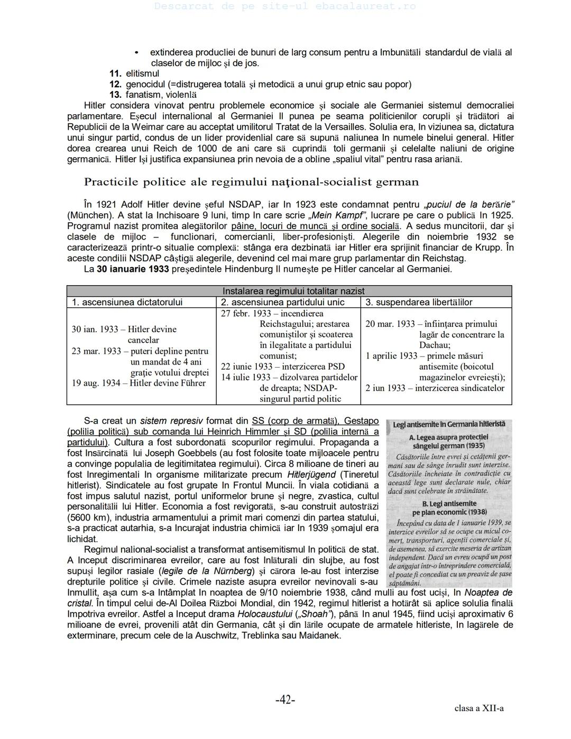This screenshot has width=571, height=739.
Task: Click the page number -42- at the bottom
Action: pos(285,700)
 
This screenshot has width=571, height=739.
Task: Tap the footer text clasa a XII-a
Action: pos(478,708)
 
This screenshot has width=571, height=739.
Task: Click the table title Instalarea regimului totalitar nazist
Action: pos(293,291)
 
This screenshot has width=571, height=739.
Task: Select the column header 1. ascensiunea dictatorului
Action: pos(127,302)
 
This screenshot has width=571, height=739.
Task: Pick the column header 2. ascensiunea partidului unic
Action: pos(282,302)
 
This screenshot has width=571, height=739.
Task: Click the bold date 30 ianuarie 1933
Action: pos(133,269)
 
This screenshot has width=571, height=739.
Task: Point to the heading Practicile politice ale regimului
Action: pos(251,182)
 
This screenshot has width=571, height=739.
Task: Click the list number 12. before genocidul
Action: pos(116,85)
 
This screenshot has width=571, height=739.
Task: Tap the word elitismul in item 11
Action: pos(142,74)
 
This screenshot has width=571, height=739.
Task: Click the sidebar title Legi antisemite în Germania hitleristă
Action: pos(448,424)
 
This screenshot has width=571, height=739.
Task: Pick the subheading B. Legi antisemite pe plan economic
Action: pos(449,508)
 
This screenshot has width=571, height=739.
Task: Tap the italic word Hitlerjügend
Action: pos(312,475)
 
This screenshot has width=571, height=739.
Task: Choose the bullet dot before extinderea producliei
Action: pos(136,53)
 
